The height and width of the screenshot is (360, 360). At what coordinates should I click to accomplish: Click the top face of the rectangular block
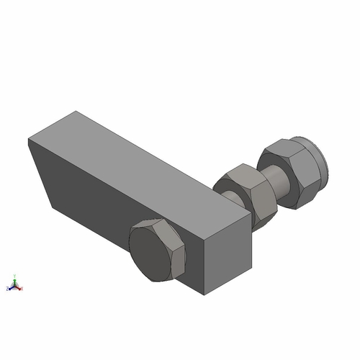pyautogui.click(x=144, y=166)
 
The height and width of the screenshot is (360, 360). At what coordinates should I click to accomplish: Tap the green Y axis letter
pyautogui.click(x=15, y=275)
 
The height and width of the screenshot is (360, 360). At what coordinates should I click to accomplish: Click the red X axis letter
pyautogui.click(x=22, y=289)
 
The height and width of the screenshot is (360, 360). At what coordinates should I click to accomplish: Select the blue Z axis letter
pyautogui.click(x=7, y=288)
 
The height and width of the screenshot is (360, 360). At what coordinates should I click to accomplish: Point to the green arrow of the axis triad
pyautogui.click(x=15, y=282)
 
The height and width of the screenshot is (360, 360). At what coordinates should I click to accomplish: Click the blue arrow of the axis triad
pyautogui.click(x=11, y=287)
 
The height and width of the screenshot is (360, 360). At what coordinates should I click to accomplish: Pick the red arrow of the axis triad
pyautogui.click(x=19, y=287)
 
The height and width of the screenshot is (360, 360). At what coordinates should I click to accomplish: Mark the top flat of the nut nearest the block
pyautogui.click(x=242, y=174)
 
